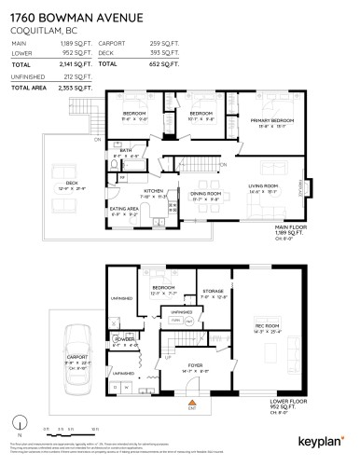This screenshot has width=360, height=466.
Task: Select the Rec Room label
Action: click(x=269, y=327)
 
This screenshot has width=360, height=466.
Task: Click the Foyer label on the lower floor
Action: click(x=196, y=368)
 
